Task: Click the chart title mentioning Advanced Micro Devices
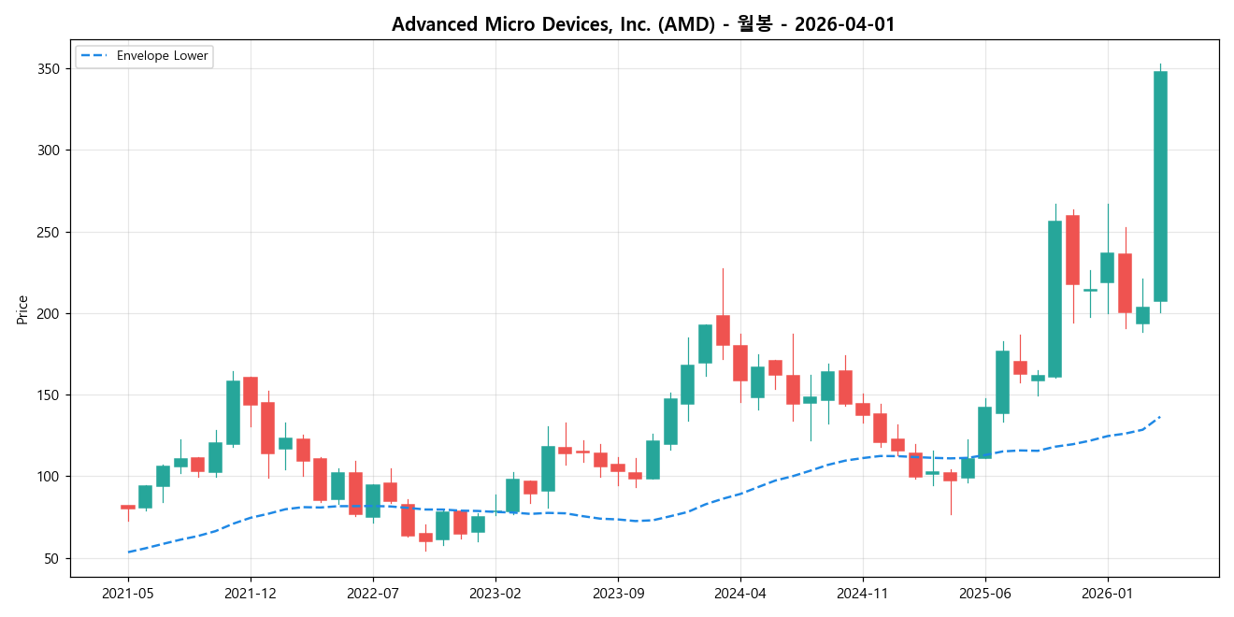(643, 24)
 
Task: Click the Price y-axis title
(22, 309)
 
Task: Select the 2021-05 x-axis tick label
(128, 593)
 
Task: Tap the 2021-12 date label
(251, 593)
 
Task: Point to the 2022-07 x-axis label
(373, 593)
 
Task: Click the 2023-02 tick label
(495, 593)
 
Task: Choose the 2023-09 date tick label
(618, 593)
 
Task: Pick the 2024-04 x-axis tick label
(740, 593)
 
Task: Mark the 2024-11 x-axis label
(862, 593)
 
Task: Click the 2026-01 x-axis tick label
(1107, 593)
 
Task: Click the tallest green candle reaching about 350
(1160, 187)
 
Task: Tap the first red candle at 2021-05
(128, 507)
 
